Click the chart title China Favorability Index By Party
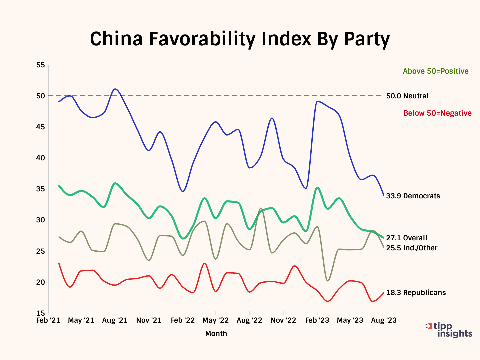point(240,39)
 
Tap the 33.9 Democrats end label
point(413,196)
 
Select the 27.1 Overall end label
point(406,238)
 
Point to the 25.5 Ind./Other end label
point(412,248)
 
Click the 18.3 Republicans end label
point(416,293)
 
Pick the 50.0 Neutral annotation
point(407,96)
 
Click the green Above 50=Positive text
point(435,71)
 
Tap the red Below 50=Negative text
point(437,113)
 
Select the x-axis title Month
point(216,334)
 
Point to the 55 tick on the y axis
point(40,65)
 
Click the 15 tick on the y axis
point(40,313)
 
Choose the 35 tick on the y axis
point(40,189)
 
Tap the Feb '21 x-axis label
point(48,321)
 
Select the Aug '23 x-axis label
point(384,321)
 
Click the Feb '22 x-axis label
point(183,321)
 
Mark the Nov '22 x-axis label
point(283,321)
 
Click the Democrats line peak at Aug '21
point(115,89)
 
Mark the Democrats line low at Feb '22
point(183,191)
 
